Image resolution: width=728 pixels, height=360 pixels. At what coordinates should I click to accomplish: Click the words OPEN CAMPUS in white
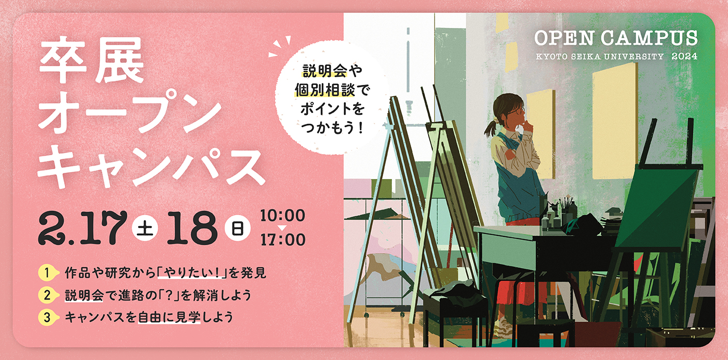616,38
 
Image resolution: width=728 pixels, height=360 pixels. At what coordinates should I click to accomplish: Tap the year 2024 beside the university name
685,56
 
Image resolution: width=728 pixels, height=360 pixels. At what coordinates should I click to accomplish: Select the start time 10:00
283,216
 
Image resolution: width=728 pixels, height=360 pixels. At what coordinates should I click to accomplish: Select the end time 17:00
283,239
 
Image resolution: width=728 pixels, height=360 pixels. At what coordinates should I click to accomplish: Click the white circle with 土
145,228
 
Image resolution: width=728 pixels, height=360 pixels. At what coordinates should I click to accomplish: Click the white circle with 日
237,228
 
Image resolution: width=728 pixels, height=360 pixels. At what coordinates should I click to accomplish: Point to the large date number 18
192,228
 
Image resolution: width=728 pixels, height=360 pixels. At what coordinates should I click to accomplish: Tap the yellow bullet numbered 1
48,273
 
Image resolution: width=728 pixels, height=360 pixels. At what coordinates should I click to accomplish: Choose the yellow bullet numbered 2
48,295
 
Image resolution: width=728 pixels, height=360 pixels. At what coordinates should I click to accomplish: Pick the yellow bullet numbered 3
48,317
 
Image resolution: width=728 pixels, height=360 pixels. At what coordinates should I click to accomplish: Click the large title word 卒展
92,60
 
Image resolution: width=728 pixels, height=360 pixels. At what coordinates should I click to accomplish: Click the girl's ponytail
491,127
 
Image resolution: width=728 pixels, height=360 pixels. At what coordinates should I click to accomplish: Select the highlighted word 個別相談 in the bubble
325,90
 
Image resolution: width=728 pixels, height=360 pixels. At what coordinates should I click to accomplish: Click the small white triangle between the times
282,228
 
